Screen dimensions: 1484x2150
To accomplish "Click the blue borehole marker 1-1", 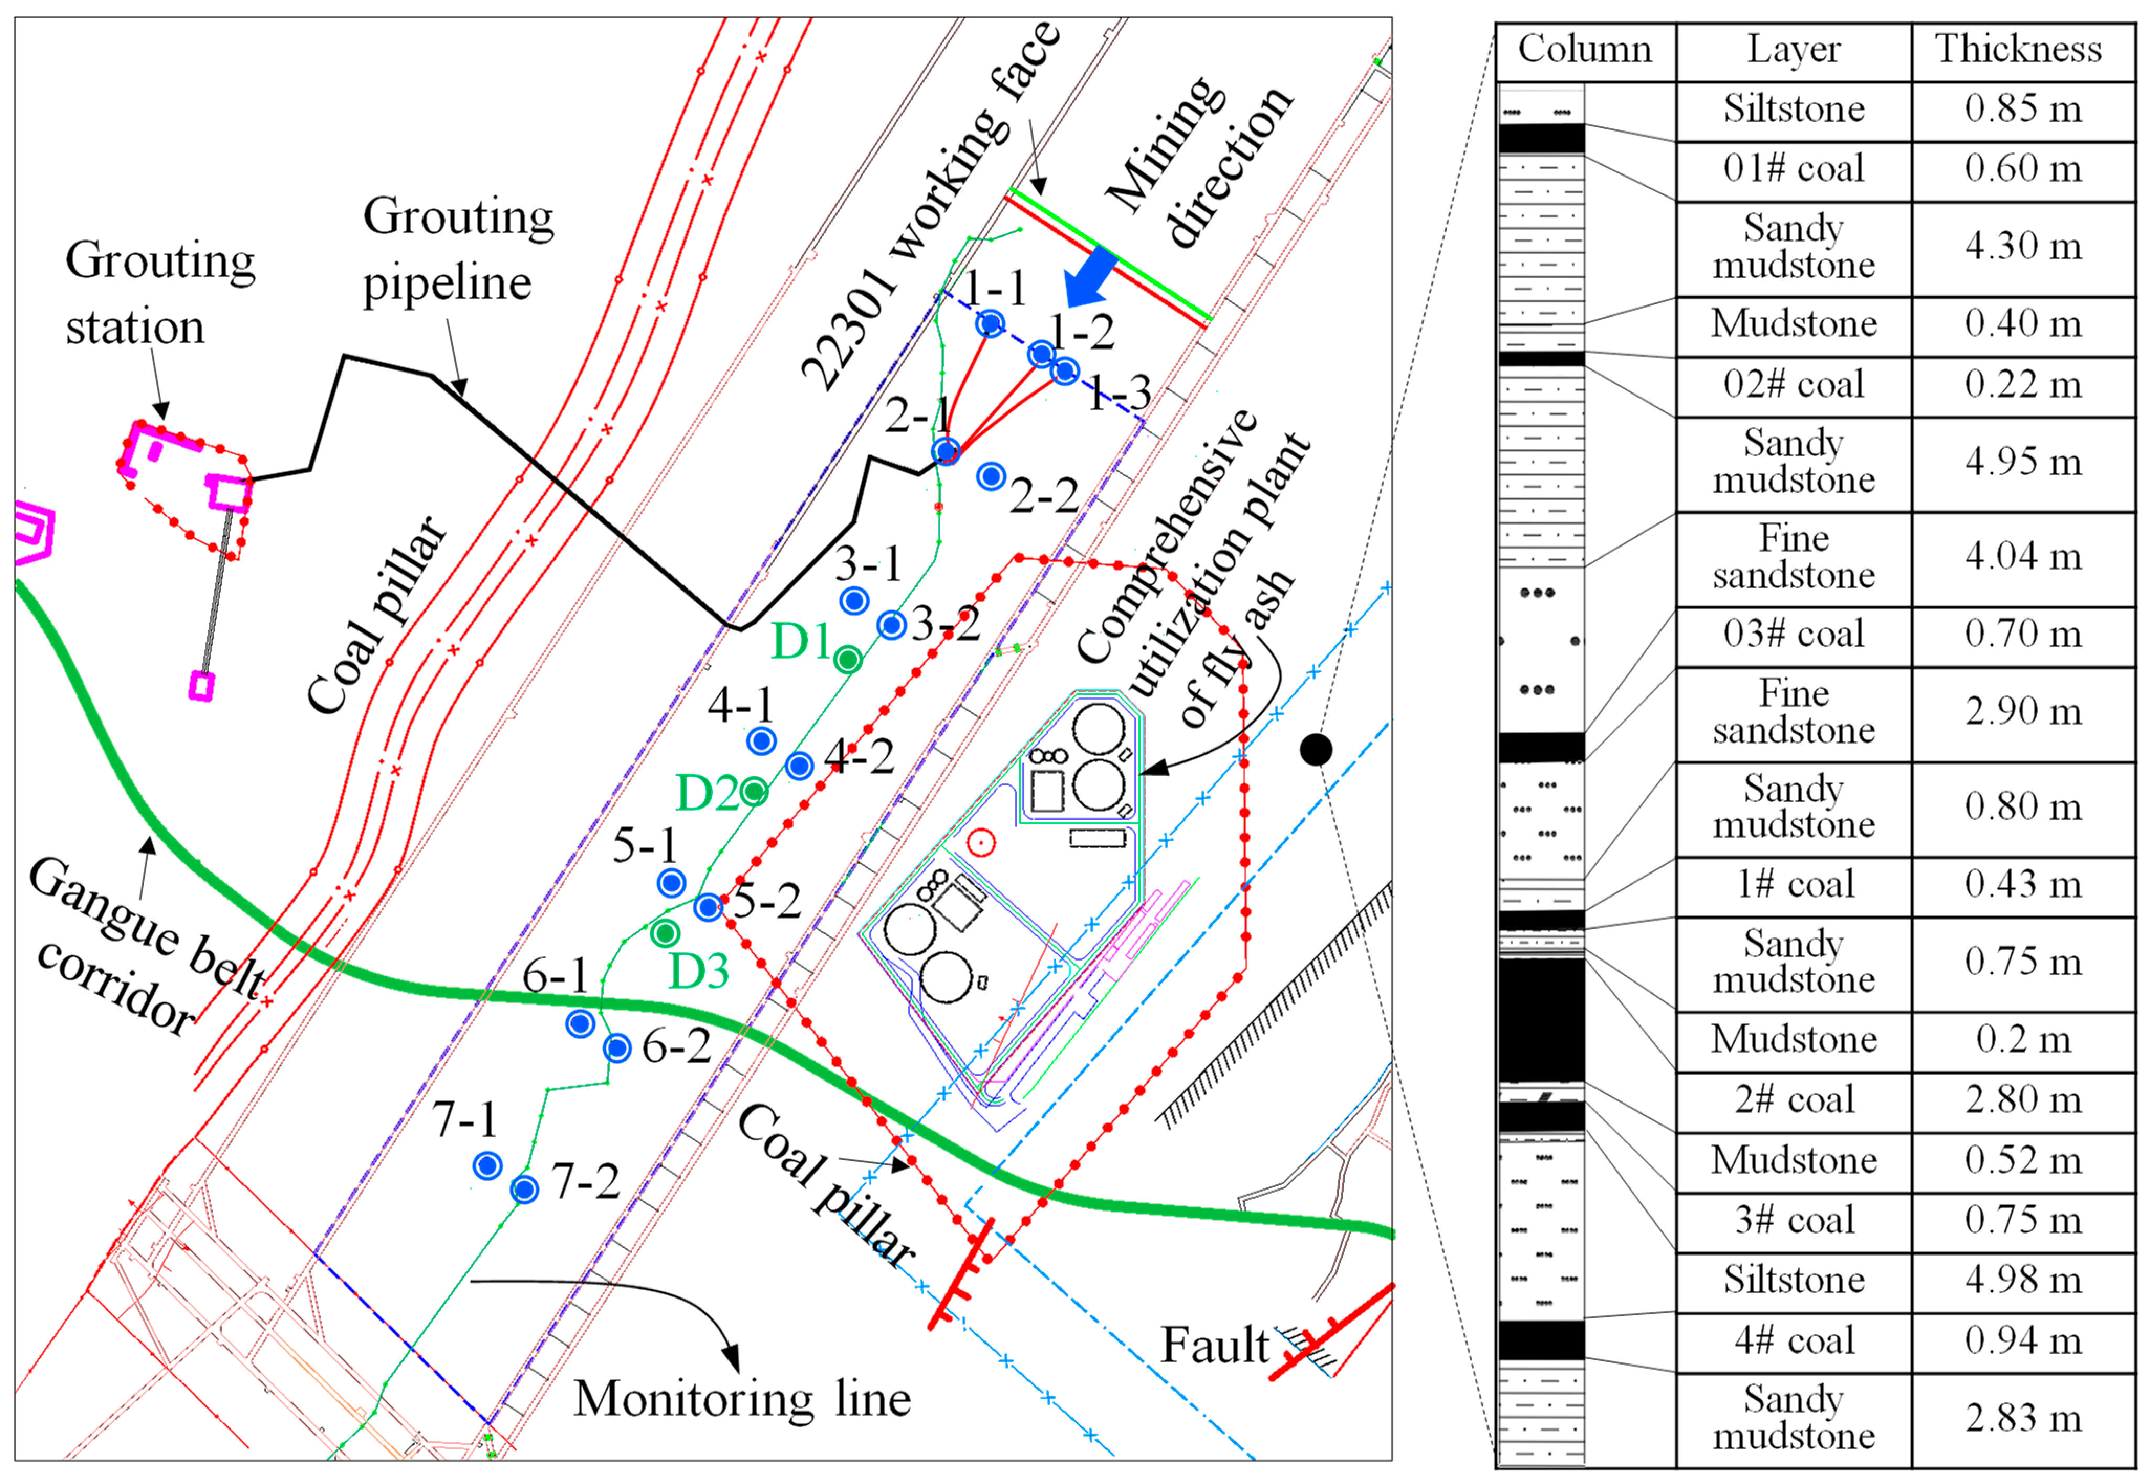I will point(991,324).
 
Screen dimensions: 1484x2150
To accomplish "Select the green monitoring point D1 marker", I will point(847,659).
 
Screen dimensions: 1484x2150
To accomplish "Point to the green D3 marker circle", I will point(665,933).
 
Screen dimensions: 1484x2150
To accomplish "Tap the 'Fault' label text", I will point(1214,1345).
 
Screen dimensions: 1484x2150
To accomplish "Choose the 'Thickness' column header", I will point(2018,49).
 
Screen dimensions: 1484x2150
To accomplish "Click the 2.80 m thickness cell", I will point(2023,1100).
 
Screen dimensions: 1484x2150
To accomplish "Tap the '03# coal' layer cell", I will point(1793,634).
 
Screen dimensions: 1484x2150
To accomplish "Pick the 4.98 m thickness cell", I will point(2023,1280).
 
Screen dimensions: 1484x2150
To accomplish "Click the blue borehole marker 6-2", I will point(616,1048).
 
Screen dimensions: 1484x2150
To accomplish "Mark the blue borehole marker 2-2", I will point(991,477).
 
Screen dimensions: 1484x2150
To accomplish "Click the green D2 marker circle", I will point(754,792).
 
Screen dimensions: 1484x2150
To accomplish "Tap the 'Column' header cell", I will point(1584,49).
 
